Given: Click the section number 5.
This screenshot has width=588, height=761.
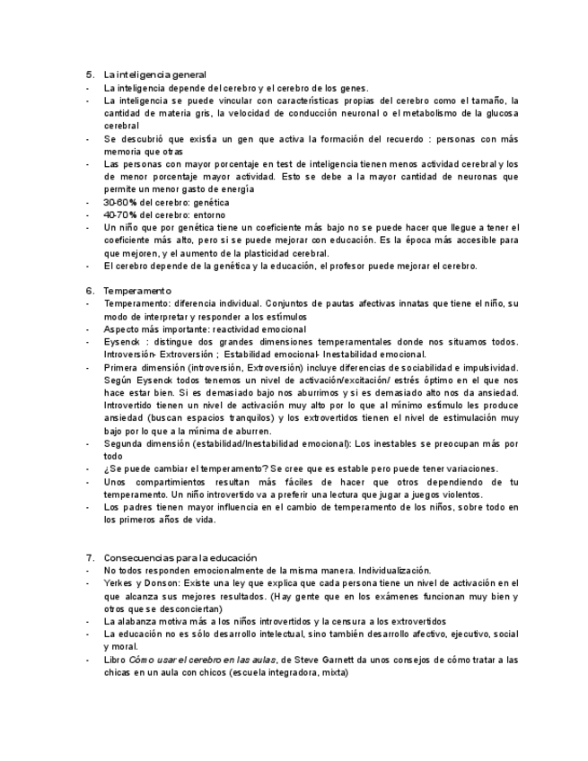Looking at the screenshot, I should (90, 74).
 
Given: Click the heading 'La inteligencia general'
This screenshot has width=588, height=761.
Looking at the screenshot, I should (154, 74).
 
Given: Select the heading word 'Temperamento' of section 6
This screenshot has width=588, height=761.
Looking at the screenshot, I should (136, 292).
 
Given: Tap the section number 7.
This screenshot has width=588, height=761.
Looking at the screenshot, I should (90, 558).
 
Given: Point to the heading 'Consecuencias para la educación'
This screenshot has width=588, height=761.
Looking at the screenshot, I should (180, 558).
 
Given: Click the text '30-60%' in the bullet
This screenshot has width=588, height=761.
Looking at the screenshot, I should (121, 203).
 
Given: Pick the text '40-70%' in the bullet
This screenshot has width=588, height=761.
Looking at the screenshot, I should (121, 215).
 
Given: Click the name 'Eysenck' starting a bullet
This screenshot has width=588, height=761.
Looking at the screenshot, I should (122, 342).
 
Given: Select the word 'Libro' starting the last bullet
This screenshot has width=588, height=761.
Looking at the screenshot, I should (115, 660).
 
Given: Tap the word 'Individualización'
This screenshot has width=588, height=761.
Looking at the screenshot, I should (394, 571).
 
